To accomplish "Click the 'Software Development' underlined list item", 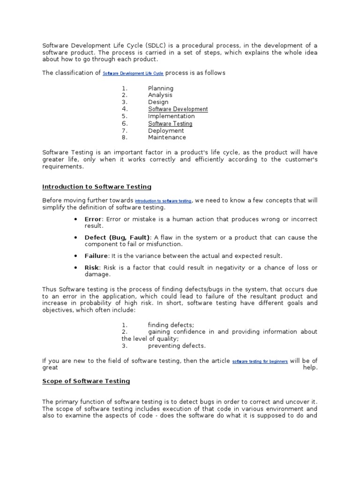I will (178, 109).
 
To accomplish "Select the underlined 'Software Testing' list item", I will (170, 124).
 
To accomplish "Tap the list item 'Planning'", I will (160, 88).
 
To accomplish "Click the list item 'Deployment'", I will (166, 131).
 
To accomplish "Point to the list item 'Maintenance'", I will (167, 137).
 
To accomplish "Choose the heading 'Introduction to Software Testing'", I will (97, 187).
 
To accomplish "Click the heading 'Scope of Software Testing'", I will (86, 381).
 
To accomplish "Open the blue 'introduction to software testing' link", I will (163, 201).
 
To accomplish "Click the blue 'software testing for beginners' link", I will (260, 361).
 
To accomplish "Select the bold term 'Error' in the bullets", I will (93, 219).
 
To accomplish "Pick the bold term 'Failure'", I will (97, 255).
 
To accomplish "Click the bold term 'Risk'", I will (91, 267).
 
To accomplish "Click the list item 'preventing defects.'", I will (177, 346).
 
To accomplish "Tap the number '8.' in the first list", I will (124, 137).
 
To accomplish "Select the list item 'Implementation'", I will (171, 116).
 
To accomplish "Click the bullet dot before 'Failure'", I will (75, 256).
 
